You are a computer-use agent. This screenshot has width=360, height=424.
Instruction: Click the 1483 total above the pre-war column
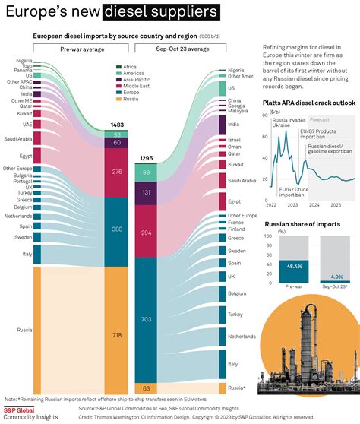click(x=117, y=125)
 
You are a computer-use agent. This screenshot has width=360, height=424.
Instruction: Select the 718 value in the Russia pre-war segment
click(x=117, y=334)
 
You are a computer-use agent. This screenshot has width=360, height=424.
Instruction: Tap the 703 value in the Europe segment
click(x=146, y=320)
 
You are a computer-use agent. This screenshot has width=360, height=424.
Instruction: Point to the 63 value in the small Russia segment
click(x=146, y=388)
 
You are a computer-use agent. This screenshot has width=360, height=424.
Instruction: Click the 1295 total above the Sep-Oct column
click(x=146, y=158)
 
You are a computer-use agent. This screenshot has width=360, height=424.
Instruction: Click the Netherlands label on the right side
click(x=242, y=335)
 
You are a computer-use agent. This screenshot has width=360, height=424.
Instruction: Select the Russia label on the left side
click(x=24, y=330)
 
